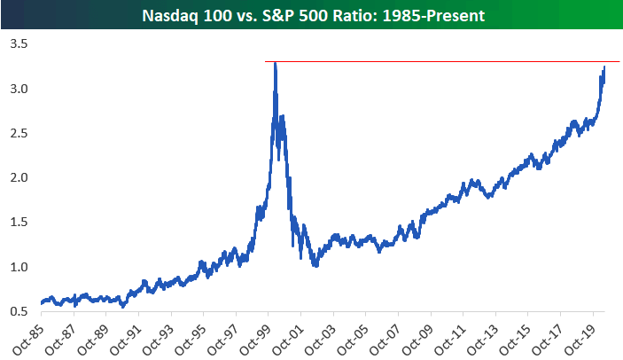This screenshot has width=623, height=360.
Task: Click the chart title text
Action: coord(311,14)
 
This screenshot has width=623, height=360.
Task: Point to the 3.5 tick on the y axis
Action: coord(18,43)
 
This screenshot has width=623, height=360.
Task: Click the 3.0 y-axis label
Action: coord(18,89)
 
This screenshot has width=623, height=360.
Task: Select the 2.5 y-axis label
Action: coord(18,133)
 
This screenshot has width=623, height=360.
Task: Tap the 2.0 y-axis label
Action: coord(18,177)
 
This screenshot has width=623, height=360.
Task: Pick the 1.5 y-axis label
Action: coord(18,223)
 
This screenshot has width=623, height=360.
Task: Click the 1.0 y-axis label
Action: coord(18,267)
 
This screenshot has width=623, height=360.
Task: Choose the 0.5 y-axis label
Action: coord(18,311)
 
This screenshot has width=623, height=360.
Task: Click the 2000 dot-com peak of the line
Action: coord(276,64)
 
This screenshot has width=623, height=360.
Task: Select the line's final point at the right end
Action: coord(605,67)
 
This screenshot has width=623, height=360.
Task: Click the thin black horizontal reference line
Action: coord(443,62)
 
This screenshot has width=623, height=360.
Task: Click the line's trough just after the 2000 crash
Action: coord(313,265)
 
